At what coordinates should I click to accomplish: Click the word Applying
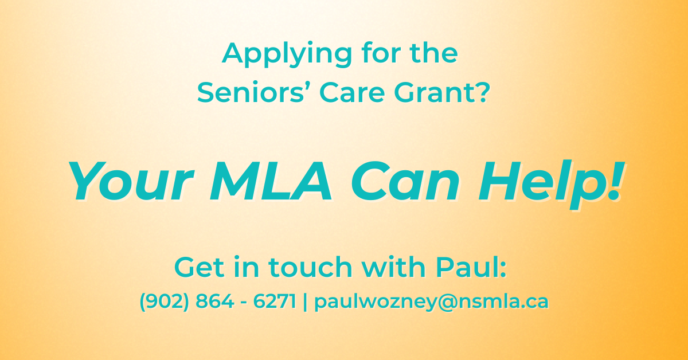point(287,54)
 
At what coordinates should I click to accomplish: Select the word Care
point(352,92)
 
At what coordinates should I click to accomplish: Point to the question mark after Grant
point(480,92)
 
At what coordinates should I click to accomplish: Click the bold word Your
point(131,181)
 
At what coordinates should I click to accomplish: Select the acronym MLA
point(271,181)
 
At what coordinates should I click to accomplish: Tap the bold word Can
point(405,181)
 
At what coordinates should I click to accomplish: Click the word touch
point(310,267)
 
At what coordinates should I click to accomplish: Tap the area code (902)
point(164,301)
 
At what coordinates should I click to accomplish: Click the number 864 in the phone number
point(214,301)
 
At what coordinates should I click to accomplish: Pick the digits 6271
point(275,301)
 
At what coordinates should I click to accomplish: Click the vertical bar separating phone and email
point(305,302)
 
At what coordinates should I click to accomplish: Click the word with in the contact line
point(393,267)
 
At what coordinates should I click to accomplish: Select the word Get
point(199,267)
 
